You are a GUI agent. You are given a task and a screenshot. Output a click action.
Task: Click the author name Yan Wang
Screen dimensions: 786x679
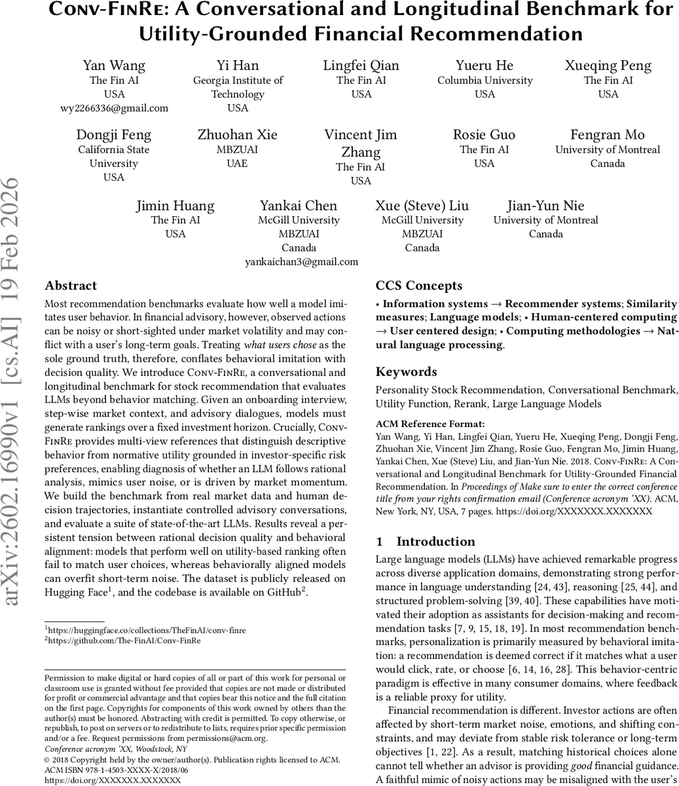click(x=114, y=65)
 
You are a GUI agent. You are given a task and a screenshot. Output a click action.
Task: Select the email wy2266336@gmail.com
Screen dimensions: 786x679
click(x=114, y=108)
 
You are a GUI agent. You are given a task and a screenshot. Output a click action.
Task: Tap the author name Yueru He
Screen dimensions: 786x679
click(x=485, y=65)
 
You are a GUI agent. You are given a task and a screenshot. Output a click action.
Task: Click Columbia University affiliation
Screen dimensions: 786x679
click(x=485, y=81)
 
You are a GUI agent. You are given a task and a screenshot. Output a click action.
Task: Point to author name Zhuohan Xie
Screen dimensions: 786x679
click(x=237, y=135)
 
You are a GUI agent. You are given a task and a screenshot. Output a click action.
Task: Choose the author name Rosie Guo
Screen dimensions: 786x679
click(x=485, y=135)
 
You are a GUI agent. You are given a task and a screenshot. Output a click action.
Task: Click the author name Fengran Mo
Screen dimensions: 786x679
click(x=608, y=135)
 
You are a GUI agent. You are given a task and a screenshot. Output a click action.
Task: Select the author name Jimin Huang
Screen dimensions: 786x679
click(x=175, y=206)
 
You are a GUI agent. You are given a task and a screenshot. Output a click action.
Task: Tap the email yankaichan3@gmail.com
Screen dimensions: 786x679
click(x=301, y=262)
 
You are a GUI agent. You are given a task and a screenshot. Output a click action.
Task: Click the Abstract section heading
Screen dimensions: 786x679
click(x=71, y=286)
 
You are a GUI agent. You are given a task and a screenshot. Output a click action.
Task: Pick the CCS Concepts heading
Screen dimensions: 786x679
click(x=419, y=286)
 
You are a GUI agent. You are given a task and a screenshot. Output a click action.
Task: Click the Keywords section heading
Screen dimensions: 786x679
click(x=406, y=372)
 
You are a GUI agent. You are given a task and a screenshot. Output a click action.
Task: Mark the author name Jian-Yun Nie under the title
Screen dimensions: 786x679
click(x=545, y=206)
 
